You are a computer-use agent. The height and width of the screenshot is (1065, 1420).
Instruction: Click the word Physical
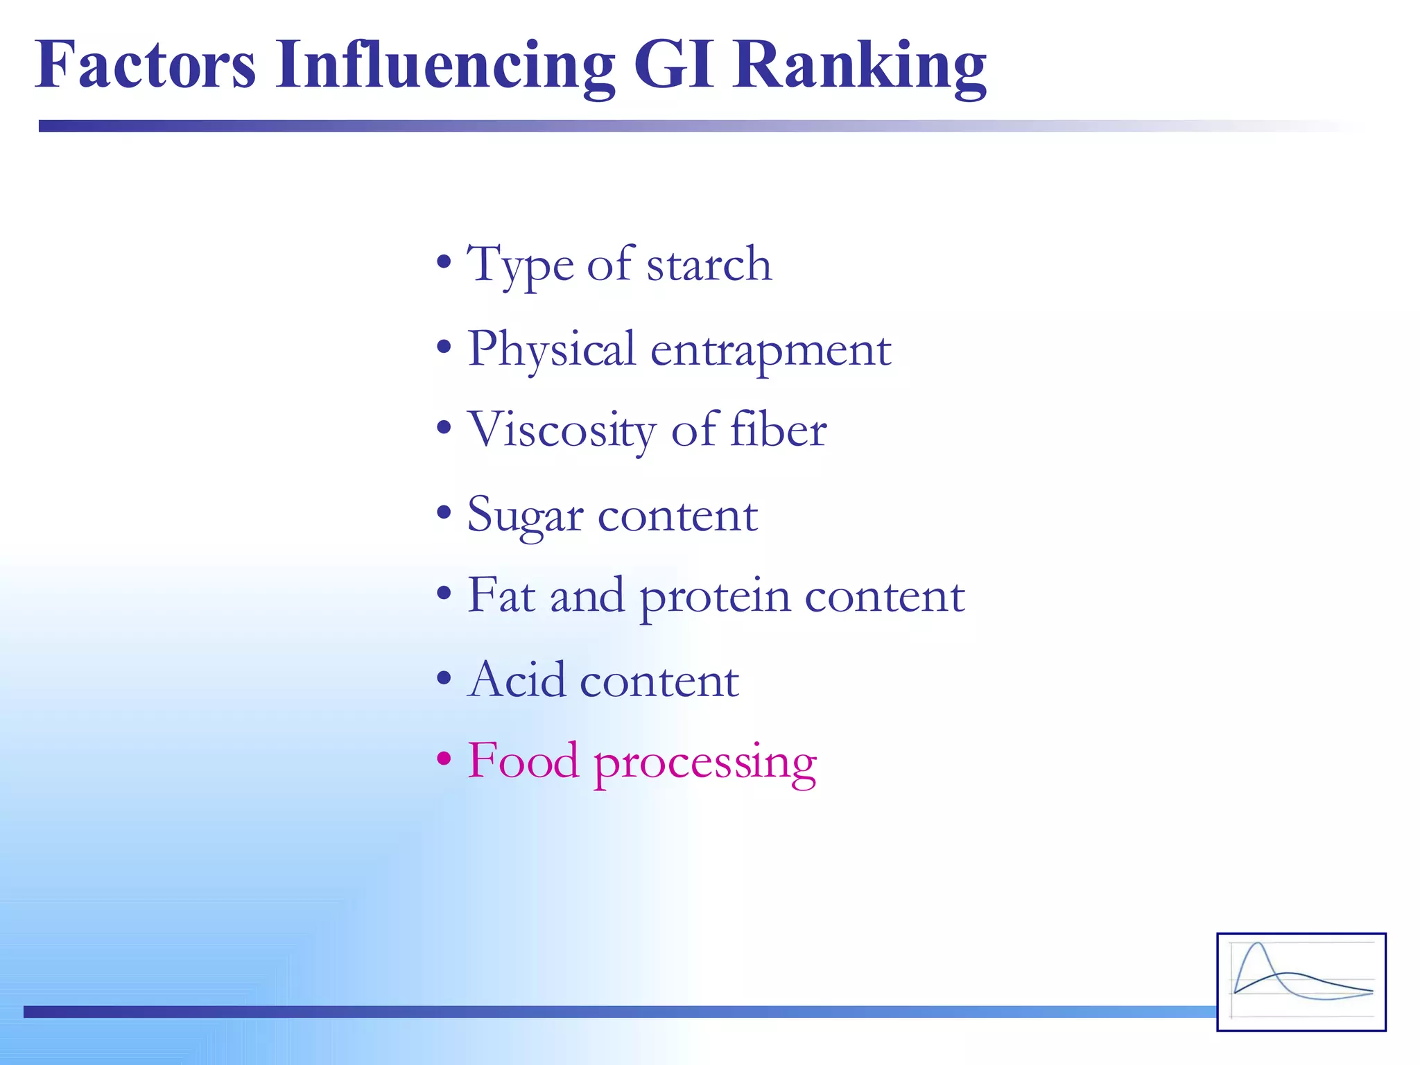point(551,349)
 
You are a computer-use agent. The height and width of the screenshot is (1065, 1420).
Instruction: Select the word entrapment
point(770,350)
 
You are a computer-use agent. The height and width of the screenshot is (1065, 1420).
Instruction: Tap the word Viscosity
point(561,430)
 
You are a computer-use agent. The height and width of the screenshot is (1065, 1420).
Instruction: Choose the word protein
point(714,596)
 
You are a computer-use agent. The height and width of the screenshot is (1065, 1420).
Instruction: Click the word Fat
point(501,595)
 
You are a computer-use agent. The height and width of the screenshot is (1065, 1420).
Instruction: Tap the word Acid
point(517,679)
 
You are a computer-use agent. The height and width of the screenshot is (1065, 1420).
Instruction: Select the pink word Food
point(523,761)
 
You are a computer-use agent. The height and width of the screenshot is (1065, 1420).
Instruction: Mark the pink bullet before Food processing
point(444,758)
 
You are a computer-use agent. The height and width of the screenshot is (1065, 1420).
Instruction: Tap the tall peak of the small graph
point(1258,945)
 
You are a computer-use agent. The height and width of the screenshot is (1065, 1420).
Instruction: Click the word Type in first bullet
point(520,266)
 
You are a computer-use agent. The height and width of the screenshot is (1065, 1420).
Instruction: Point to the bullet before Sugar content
point(444,514)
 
